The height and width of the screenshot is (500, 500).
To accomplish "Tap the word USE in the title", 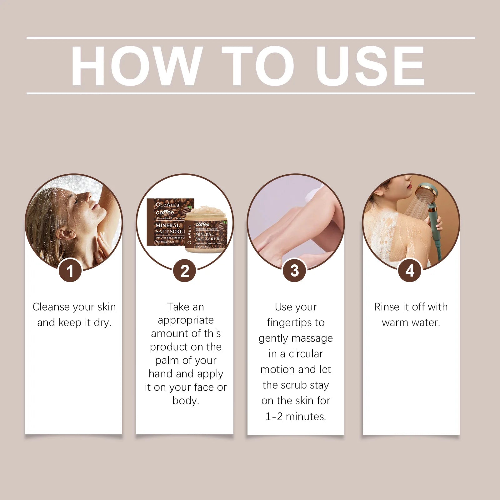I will [370, 66].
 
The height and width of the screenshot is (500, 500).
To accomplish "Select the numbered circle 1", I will [70, 271].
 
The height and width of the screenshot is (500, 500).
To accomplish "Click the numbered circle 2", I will [185, 271].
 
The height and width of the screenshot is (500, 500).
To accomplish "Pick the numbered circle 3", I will [294, 271].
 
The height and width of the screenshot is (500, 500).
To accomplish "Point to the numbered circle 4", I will [410, 271].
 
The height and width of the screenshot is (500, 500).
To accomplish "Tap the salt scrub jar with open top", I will [206, 230].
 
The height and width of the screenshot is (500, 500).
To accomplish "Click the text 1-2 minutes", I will [296, 416].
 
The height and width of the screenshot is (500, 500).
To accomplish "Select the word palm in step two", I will [167, 360].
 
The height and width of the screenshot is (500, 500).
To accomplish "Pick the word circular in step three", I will [306, 354].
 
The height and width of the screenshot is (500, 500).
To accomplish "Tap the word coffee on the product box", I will [165, 212].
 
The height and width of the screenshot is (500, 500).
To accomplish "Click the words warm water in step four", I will [411, 322].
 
